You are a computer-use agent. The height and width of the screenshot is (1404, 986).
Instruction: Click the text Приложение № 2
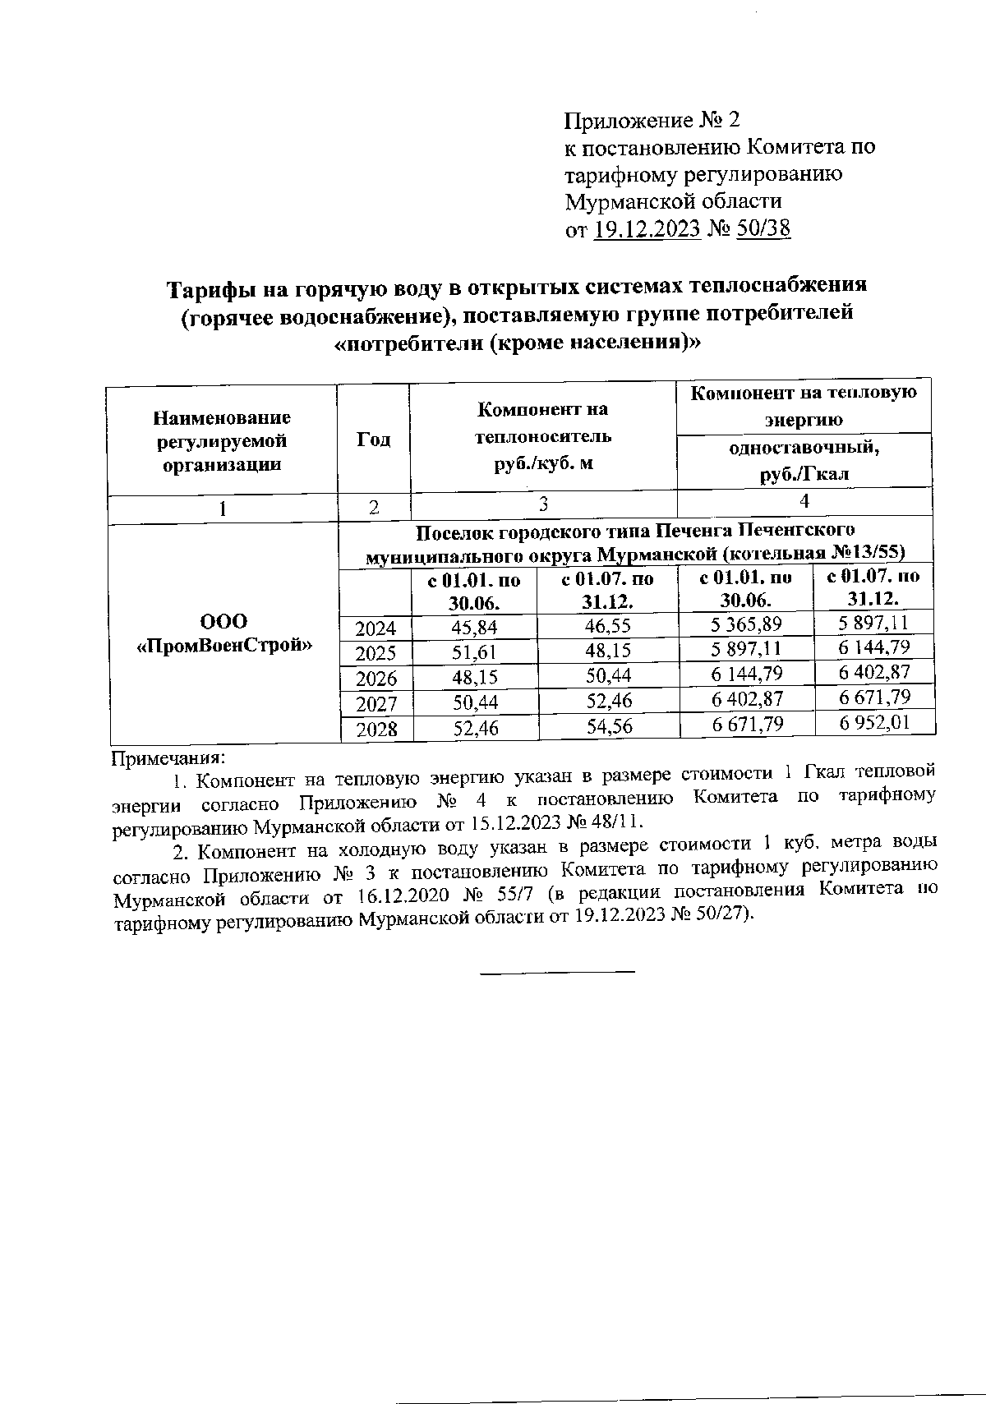click(652, 122)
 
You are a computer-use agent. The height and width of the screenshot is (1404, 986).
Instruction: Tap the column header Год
click(373, 440)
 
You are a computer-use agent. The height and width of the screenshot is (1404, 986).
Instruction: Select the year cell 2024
click(376, 629)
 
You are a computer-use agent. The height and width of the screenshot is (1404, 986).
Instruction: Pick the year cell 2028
click(376, 729)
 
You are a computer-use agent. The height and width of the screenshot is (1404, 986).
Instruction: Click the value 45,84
click(475, 628)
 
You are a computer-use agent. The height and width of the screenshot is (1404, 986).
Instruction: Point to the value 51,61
click(475, 653)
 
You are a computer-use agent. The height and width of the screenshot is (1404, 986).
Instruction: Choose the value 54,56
click(608, 726)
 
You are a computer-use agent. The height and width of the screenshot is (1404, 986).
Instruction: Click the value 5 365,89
click(746, 625)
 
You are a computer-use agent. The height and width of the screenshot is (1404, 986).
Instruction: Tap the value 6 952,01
click(873, 723)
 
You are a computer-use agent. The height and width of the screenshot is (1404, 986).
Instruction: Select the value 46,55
click(608, 627)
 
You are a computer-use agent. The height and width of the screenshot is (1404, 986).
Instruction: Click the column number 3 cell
click(542, 504)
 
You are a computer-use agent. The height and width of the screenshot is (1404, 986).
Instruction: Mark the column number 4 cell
click(804, 501)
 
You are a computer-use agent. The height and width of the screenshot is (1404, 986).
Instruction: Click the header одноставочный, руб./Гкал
click(804, 460)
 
